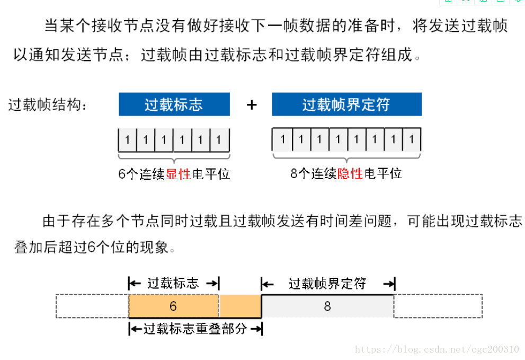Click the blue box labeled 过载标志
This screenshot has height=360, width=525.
pos(174,104)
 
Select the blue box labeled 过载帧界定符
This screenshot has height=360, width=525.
pos(346,104)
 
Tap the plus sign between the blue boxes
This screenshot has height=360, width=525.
pos(252,105)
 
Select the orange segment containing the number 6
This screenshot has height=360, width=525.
pos(173,306)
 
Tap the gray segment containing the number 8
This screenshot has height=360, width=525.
pos(327,306)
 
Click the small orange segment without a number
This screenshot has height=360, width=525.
pos(240,306)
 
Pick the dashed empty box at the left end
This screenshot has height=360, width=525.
pos(92,306)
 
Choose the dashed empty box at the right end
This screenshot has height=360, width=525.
pos(438,306)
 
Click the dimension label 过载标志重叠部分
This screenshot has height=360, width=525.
pos(195,329)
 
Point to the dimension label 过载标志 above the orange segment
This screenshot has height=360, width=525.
pos(173,283)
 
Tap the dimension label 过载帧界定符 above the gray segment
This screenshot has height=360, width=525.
pos(327,284)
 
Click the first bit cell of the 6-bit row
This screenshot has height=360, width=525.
pos(127,141)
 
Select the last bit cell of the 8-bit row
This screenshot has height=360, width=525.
pos(411,139)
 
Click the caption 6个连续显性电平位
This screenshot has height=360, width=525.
pos(174,174)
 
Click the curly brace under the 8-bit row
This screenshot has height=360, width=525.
pos(346,156)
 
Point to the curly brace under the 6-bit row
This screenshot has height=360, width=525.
pos(174,157)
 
